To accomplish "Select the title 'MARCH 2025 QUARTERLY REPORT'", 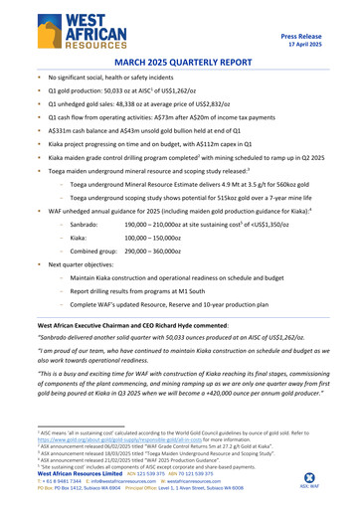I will point(180,62).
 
